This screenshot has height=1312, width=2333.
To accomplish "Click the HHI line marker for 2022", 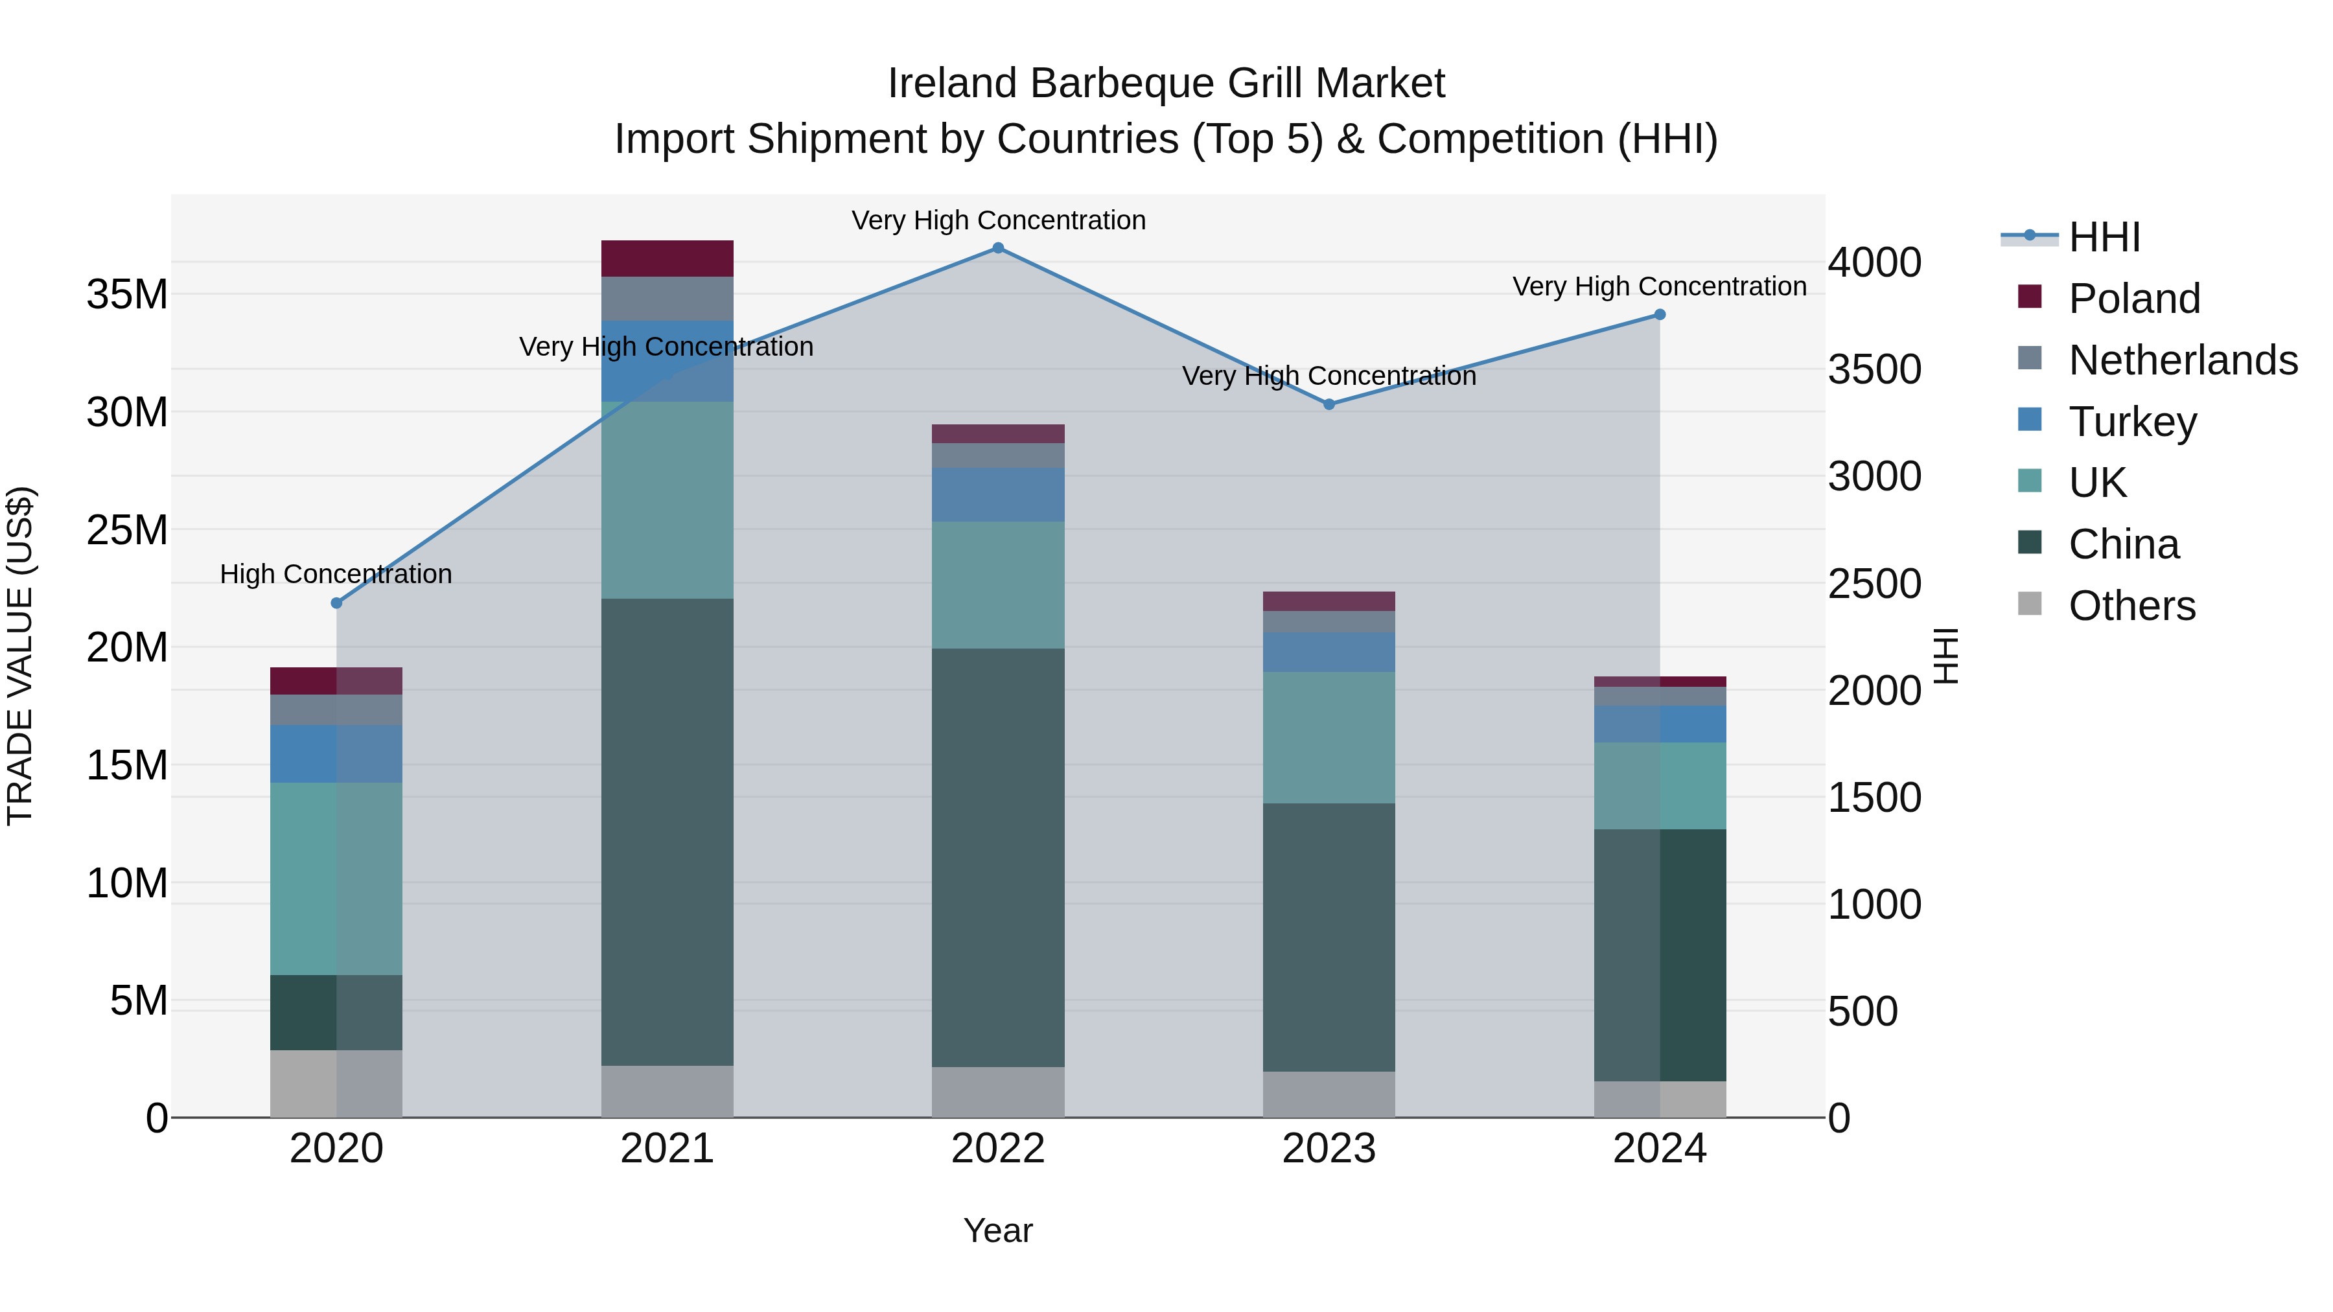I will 998,248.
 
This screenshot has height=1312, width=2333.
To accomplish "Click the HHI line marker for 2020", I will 337,603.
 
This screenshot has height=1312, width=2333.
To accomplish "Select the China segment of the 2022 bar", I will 998,857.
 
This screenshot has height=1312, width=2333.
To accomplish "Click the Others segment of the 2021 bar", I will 667,1091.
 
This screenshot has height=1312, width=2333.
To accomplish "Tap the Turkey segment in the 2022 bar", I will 998,494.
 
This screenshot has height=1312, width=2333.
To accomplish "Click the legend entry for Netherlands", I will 2183,360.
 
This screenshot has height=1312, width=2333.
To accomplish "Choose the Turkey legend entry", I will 2132,422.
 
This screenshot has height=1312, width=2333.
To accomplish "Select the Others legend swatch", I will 2030,604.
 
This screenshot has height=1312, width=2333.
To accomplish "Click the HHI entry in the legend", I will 2103,237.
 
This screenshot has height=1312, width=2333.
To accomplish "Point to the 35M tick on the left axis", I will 127,295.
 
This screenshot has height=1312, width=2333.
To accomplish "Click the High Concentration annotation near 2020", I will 336,574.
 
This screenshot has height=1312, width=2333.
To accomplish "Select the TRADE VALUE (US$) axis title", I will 20,656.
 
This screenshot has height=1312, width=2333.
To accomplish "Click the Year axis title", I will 998,1230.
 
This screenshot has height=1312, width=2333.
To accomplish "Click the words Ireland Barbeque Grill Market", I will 1166,84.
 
